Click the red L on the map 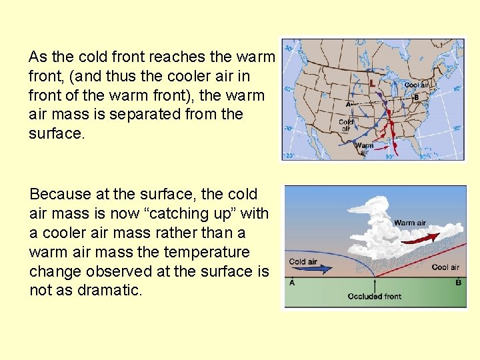(x=371, y=83)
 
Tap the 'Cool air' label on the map (x=417, y=85)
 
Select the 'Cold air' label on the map (x=346, y=125)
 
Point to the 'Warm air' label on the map (x=364, y=148)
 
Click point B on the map (x=416, y=97)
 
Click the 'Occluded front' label (x=374, y=296)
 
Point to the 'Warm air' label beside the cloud (x=409, y=223)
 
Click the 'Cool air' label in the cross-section (x=445, y=267)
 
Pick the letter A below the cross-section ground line (x=291, y=283)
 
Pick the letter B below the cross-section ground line (x=457, y=283)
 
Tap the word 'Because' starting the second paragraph (x=60, y=195)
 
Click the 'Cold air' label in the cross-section (x=303, y=261)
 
